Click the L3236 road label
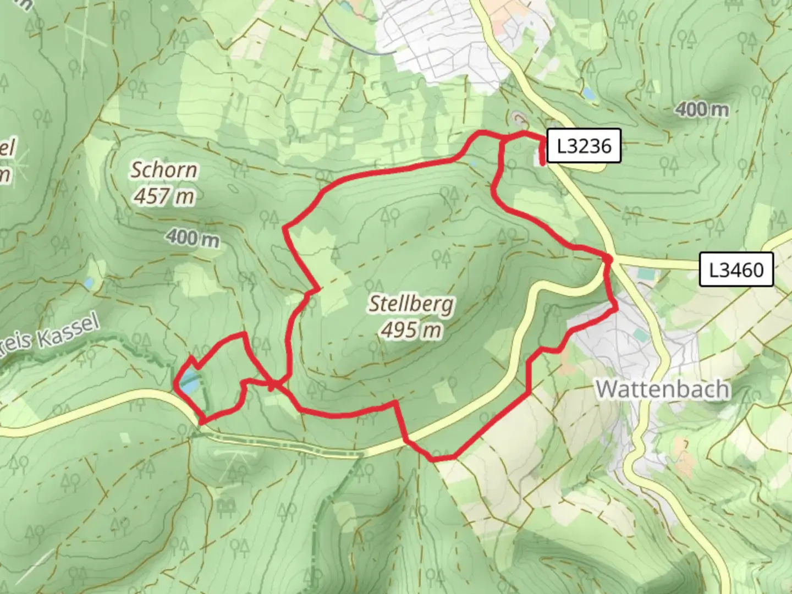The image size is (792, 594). pos(584,146)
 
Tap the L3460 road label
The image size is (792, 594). pos(736,270)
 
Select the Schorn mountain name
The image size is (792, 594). pos(163,170)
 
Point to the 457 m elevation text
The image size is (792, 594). pos(163,196)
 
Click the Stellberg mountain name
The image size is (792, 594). pos(411,304)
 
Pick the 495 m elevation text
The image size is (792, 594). pos(411,330)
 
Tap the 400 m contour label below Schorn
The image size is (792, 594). pos(193,238)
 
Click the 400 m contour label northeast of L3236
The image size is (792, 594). pos(702,109)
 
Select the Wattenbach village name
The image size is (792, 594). pos(663,389)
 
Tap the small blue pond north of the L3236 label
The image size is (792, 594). pos(589,94)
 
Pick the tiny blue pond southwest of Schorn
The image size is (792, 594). pos(89,283)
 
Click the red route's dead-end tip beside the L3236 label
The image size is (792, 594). pos(543,163)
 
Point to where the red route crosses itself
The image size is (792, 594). pos(271,383)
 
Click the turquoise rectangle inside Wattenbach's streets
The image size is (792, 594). pos(639,334)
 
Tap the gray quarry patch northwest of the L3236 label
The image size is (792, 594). pos(517,117)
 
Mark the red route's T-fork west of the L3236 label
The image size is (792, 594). pos(503,141)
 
